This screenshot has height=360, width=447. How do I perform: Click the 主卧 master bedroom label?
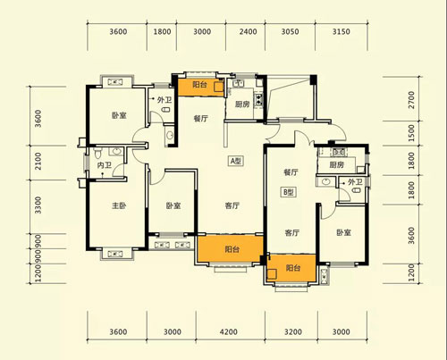[119, 205]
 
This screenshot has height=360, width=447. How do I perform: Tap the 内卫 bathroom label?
[105, 165]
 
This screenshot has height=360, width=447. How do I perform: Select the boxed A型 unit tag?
[236, 161]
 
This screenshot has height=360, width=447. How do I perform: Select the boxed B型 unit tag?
[289, 192]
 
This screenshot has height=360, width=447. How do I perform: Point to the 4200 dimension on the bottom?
[229, 331]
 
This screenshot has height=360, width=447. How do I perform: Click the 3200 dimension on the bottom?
[293, 331]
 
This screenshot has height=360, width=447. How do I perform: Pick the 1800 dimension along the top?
[162, 31]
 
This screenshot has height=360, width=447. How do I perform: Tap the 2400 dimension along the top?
[248, 31]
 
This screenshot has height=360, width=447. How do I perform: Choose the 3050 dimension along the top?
[290, 31]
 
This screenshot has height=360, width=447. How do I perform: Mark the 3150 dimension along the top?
[342, 31]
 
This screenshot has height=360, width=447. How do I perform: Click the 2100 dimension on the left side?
[38, 161]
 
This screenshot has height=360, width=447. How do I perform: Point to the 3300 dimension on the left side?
[38, 205]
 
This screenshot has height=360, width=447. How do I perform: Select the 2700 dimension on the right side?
[411, 100]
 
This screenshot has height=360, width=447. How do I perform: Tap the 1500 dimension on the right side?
[411, 133]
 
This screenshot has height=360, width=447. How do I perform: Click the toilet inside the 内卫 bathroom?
[97, 153]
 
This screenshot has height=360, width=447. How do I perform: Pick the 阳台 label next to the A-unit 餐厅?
[199, 85]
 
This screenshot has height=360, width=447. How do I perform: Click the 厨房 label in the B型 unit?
[337, 164]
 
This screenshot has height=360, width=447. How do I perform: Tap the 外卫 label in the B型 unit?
[355, 182]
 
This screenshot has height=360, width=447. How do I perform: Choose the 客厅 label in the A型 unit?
[232, 205]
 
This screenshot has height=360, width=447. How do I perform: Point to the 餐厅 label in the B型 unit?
[291, 172]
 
